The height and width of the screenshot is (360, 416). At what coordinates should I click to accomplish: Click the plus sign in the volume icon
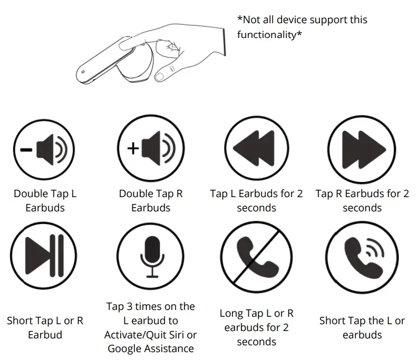pos(133,149)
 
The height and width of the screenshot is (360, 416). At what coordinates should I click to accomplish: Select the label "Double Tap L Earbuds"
pos(45,201)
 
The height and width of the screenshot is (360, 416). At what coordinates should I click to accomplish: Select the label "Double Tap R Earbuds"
pos(151,201)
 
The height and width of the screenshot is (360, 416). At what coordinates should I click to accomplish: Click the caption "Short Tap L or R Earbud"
pos(45,327)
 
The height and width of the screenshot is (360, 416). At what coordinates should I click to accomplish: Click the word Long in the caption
pos(231,314)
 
